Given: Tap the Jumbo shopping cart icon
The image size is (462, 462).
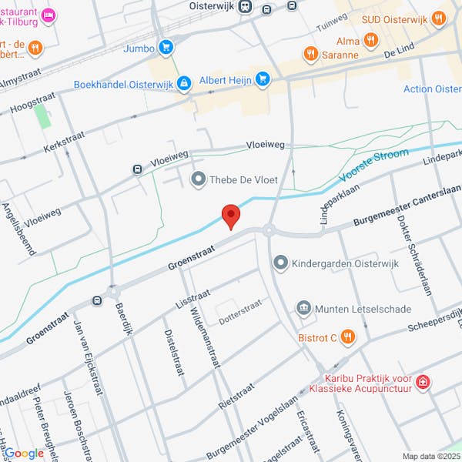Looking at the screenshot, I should pos(166,48).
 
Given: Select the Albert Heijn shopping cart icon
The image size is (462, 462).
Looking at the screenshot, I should pos(263,78).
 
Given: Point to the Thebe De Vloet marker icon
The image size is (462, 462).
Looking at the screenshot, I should pos(199,179).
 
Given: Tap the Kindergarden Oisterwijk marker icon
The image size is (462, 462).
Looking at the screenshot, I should pos(281,264).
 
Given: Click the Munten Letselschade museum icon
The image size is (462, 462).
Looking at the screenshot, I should pos(304,309).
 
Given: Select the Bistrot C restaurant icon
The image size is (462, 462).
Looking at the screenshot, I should pos(348,336).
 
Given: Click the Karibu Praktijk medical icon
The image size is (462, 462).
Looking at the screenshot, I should pos(422,381).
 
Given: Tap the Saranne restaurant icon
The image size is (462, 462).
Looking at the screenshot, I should pos(310,54).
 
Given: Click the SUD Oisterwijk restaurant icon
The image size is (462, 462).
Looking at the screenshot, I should pos(438,17).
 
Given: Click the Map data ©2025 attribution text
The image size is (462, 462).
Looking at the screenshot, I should pos(430,456).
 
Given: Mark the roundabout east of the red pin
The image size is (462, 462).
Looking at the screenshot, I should pos(269,229).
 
